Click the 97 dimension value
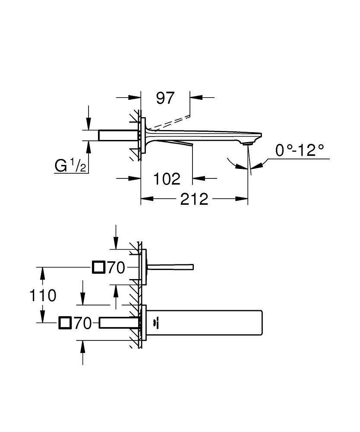click(x=165, y=98)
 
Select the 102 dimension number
click(x=167, y=178)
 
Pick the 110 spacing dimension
click(x=43, y=296)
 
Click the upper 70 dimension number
click(x=116, y=268)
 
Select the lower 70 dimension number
click(x=82, y=323)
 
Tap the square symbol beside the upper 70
click(x=98, y=268)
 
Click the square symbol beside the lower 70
click(x=65, y=323)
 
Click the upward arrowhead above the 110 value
click(x=43, y=271)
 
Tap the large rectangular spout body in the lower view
click(x=207, y=323)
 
